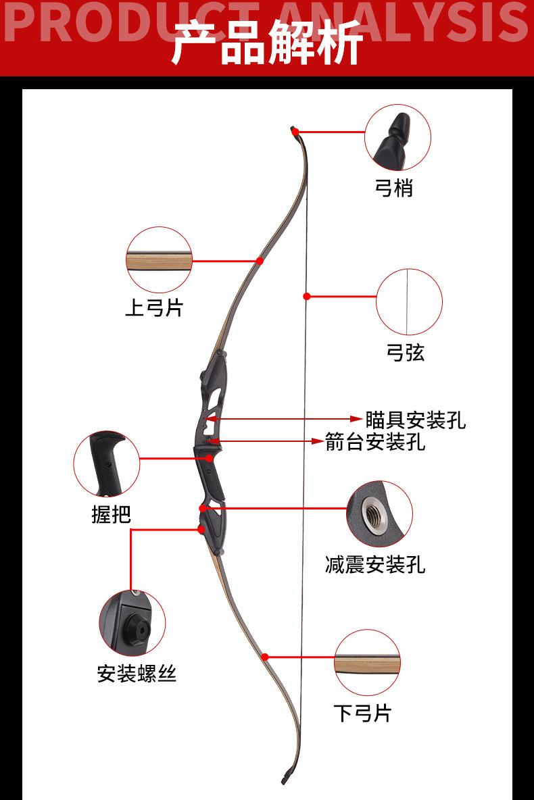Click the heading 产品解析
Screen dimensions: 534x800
(x=267, y=42)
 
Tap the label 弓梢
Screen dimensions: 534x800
(x=393, y=187)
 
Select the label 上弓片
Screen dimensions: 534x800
(x=153, y=308)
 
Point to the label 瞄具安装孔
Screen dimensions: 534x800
(x=416, y=420)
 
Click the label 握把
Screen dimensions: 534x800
(x=111, y=514)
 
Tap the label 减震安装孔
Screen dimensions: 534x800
(x=375, y=564)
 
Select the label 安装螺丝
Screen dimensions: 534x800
(x=137, y=673)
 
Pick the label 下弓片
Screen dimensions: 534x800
(x=362, y=712)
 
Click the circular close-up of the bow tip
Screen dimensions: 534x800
(x=397, y=138)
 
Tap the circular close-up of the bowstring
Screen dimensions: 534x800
(x=409, y=302)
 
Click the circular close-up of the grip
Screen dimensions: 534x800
(x=107, y=464)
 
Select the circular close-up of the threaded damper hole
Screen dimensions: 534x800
(x=379, y=514)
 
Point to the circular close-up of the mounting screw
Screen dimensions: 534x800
(x=132, y=623)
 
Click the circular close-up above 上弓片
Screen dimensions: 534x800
(x=159, y=260)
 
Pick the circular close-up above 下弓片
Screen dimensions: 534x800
(x=367, y=663)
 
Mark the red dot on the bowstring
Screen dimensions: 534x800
(x=306, y=296)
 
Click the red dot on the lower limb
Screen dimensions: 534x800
(x=265, y=656)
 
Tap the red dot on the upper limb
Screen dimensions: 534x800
(x=259, y=260)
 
